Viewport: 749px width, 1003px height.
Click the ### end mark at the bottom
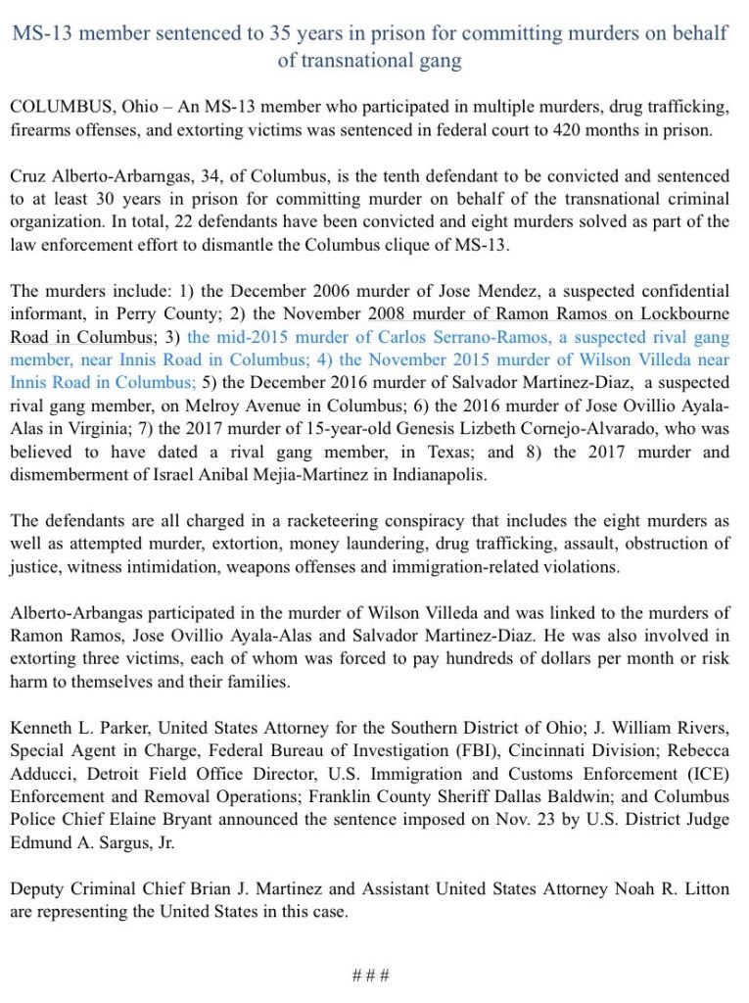[x=372, y=976]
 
